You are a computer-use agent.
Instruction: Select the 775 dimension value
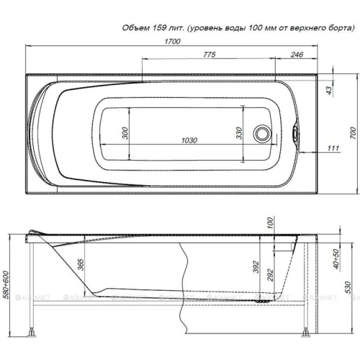pyautogui.click(x=209, y=55)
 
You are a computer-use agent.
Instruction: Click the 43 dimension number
pyautogui.click(x=330, y=89)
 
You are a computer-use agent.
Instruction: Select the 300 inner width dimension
pyautogui.click(x=125, y=132)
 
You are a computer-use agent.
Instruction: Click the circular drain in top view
pyautogui.click(x=263, y=133)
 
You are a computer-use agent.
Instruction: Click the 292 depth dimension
pyautogui.click(x=273, y=275)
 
